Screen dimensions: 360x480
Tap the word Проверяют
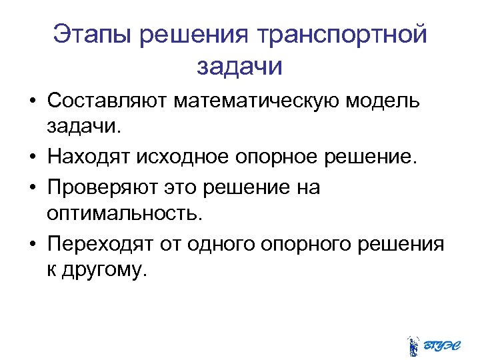pos(101,188)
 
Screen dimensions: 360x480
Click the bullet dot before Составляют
pos(33,103)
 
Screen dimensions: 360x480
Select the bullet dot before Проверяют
pos(33,189)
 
